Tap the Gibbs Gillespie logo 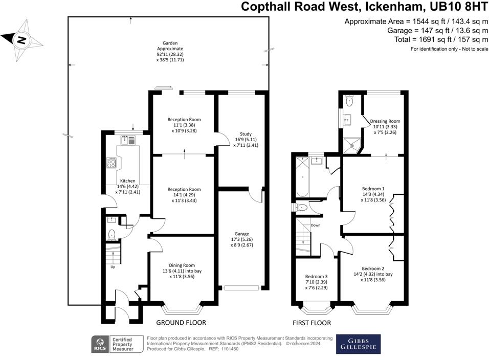click(x=358, y=344)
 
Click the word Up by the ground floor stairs click(x=113, y=266)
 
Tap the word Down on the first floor click(x=316, y=225)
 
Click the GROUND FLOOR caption click(x=181, y=323)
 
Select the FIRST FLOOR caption click(x=312, y=323)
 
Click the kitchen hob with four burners click(x=111, y=163)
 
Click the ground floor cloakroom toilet click(x=112, y=235)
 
